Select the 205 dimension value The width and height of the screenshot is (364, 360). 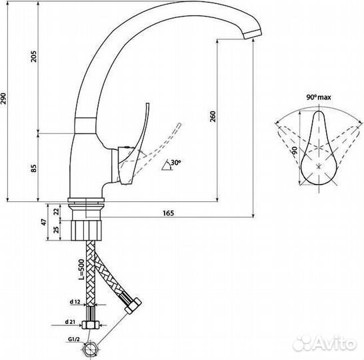(x=34, y=56)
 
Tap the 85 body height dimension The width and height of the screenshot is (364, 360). (x=34, y=168)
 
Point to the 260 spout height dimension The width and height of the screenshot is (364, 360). (x=213, y=117)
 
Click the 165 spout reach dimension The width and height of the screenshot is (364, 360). (x=168, y=213)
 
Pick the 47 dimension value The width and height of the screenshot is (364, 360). (x=44, y=222)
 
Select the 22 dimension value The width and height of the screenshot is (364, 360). (x=57, y=211)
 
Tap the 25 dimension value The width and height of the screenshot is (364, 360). (x=57, y=230)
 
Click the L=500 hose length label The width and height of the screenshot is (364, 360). (x=81, y=269)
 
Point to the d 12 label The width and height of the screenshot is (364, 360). (x=75, y=301)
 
